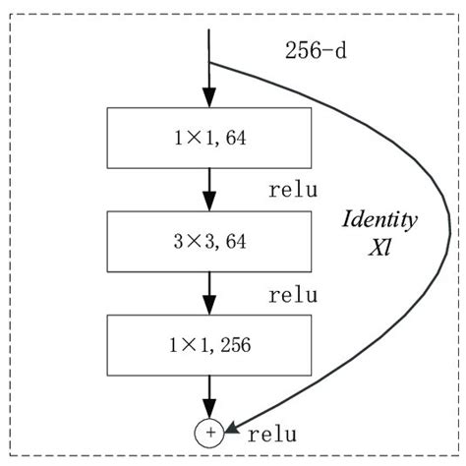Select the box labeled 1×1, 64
(x=208, y=138)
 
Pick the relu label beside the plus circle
(x=273, y=432)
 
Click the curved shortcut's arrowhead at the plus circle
(x=232, y=428)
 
